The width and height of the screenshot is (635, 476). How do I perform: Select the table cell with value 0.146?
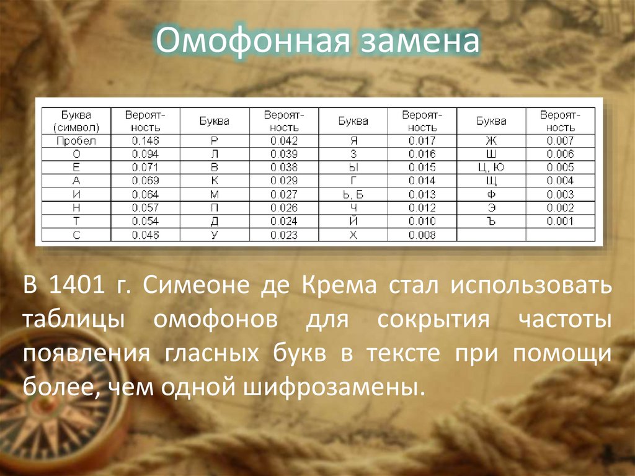click(145, 141)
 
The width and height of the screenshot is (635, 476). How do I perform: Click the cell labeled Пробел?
click(76, 141)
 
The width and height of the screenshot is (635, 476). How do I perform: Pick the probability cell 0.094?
click(145, 154)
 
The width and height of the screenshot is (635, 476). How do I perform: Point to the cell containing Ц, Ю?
click(491, 168)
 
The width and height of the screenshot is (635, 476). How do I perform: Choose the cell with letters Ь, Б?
click(352, 194)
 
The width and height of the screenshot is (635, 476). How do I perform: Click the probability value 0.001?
click(560, 222)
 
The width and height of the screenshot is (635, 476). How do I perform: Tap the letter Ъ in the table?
click(491, 222)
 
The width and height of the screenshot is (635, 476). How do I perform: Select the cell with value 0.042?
click(284, 141)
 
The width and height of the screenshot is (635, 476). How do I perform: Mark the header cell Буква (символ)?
click(76, 121)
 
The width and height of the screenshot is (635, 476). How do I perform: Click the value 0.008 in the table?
click(422, 235)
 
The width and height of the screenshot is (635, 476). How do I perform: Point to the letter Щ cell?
click(491, 181)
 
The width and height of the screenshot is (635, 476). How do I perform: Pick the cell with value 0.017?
click(422, 141)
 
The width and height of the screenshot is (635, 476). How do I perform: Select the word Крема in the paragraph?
click(339, 286)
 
